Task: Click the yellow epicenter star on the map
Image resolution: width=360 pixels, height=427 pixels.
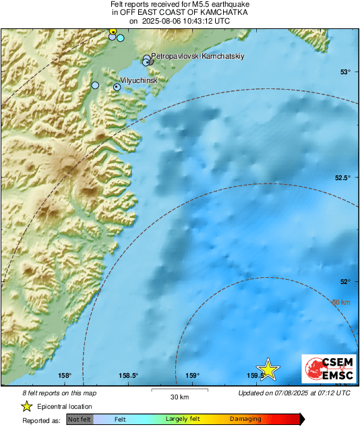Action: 268,369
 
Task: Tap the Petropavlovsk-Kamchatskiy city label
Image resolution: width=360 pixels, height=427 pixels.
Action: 196,57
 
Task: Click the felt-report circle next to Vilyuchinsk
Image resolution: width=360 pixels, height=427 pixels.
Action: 117,86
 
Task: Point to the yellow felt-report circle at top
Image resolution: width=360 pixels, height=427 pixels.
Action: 113,31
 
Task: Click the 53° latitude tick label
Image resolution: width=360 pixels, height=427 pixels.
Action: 345,72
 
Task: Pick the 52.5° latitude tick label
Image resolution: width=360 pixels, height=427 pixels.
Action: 342,177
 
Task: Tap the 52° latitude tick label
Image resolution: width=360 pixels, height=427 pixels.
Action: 345,282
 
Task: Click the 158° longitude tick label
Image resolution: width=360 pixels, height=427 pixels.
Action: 65,376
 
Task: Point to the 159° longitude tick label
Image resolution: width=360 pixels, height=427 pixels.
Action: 193,376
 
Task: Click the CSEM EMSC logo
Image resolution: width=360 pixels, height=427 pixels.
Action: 327,370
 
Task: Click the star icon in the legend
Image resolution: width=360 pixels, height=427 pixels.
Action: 26,406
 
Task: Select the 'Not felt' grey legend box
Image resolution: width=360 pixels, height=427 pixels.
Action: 80,419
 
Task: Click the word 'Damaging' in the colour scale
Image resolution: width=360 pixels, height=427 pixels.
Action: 245,419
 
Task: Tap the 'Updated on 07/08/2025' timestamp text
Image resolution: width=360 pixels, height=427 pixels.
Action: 294,393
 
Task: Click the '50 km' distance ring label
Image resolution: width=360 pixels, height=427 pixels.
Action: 341,302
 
